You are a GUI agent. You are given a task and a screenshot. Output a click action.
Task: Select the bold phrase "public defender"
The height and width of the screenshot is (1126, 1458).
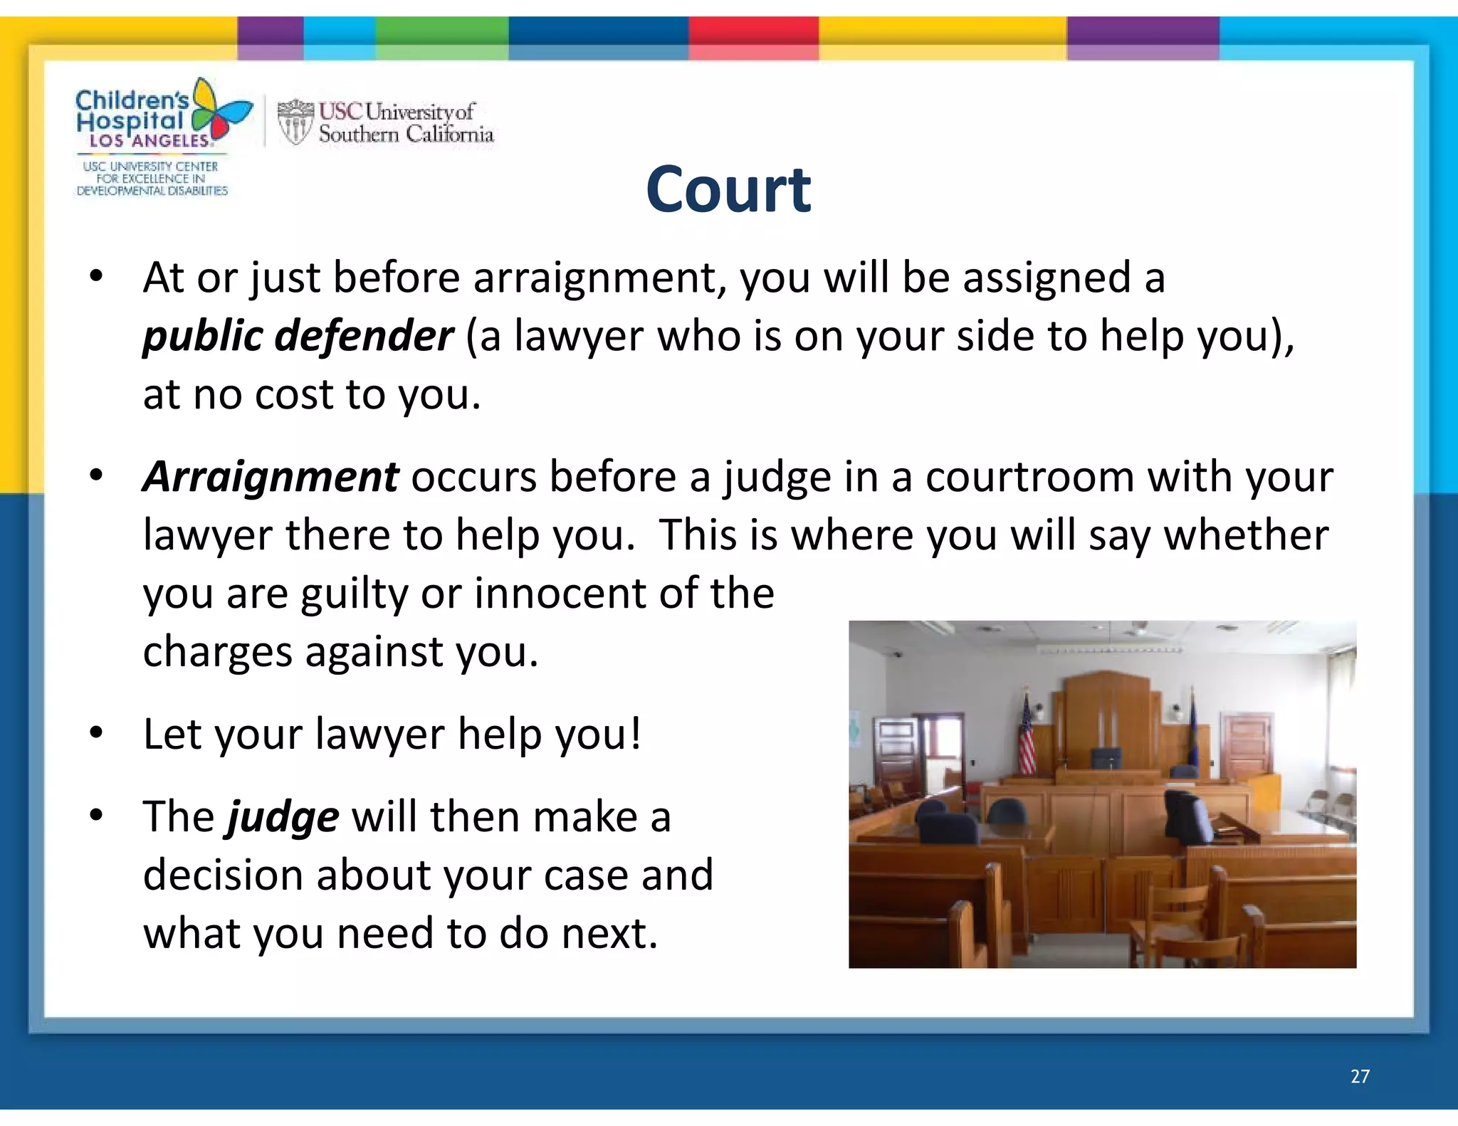pyautogui.click(x=298, y=336)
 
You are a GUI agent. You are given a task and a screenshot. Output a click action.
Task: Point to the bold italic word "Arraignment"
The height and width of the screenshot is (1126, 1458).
pyautogui.click(x=271, y=476)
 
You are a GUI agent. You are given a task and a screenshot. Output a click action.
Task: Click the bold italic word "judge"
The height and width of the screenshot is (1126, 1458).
pyautogui.click(x=283, y=816)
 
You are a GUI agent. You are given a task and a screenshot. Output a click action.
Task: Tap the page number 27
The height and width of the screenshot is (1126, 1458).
pyautogui.click(x=1360, y=1076)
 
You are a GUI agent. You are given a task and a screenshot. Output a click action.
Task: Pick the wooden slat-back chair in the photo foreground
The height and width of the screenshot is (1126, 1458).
pyautogui.click(x=1175, y=925)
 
